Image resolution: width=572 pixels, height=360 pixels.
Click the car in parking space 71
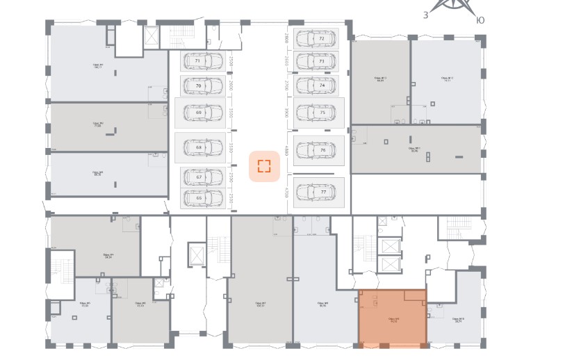click(x=202, y=62)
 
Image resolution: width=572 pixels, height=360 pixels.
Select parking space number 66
click(x=202, y=197)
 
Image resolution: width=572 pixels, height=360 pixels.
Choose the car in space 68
click(x=200, y=147)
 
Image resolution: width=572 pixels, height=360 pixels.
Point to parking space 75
click(x=319, y=112)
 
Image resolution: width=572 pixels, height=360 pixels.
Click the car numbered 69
click(x=200, y=112)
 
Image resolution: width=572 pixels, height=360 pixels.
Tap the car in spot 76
click(x=319, y=150)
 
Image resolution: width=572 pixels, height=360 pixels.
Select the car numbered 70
click(x=202, y=86)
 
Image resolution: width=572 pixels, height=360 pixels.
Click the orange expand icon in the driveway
click(x=264, y=165)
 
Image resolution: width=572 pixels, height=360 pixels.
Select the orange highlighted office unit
click(x=392, y=318)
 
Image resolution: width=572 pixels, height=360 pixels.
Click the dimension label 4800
click(x=286, y=150)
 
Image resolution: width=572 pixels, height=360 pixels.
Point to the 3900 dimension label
click(x=286, y=112)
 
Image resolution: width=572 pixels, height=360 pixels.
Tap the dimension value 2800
click(x=286, y=39)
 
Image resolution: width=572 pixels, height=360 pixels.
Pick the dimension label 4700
click(x=286, y=190)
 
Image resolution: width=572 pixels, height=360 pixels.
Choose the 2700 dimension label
click(x=286, y=85)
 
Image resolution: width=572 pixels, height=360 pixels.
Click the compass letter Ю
click(x=480, y=20)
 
